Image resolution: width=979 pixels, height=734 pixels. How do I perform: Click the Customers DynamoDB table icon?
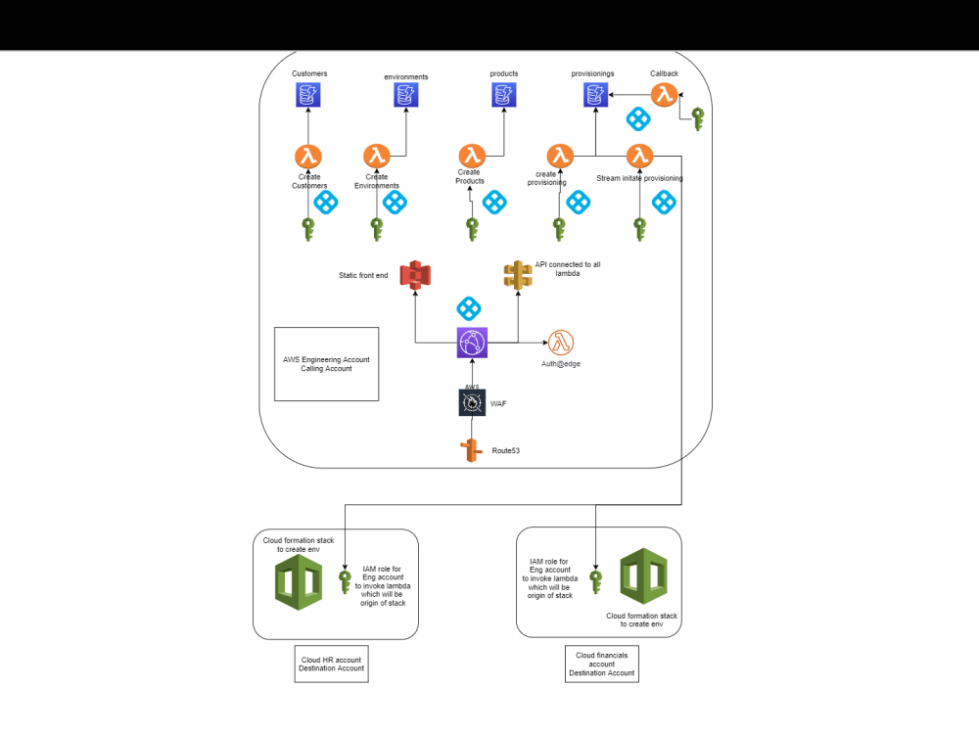click(x=308, y=95)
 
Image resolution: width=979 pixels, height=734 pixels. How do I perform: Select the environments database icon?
click(x=405, y=95)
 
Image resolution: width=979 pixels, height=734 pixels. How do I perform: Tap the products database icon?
click(x=503, y=95)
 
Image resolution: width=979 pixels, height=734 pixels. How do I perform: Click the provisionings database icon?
click(x=595, y=95)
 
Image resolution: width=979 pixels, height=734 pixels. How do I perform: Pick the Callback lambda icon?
click(x=665, y=95)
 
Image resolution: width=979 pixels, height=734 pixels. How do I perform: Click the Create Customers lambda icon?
click(x=308, y=156)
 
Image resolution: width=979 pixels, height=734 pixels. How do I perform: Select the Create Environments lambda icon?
click(x=377, y=156)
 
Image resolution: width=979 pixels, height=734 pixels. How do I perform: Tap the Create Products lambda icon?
click(x=472, y=156)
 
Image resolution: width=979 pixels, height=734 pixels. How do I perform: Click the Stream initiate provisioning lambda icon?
click(x=639, y=156)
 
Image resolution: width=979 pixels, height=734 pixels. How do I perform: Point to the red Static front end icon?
click(x=416, y=275)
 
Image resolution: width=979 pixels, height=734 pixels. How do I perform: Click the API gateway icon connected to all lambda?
click(x=518, y=275)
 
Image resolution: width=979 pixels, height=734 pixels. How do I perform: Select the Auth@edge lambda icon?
click(x=561, y=343)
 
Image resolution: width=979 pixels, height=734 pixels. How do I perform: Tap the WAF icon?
click(x=472, y=402)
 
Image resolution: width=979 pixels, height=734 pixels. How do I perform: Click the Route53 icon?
click(x=472, y=450)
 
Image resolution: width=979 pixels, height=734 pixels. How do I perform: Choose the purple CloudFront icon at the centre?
click(x=472, y=343)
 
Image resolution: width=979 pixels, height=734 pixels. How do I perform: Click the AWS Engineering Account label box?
click(x=326, y=364)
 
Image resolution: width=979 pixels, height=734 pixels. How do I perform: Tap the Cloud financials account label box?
click(x=601, y=663)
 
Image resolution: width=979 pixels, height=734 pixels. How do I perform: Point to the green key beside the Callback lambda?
click(x=697, y=118)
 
